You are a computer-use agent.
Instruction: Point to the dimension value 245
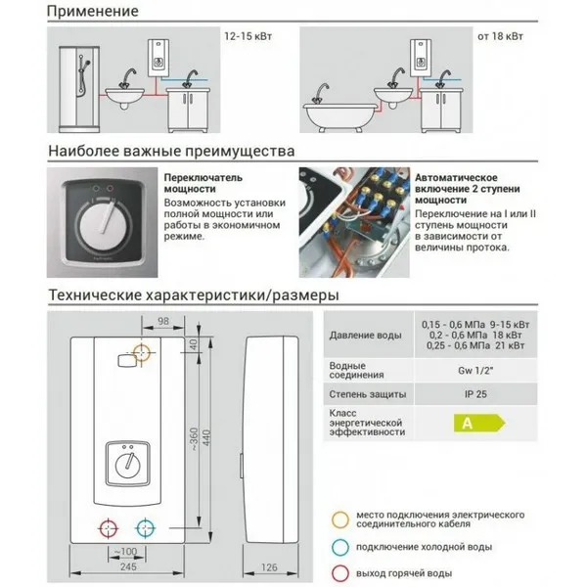click(127, 565)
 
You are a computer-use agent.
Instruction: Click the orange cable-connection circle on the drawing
click(143, 352)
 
